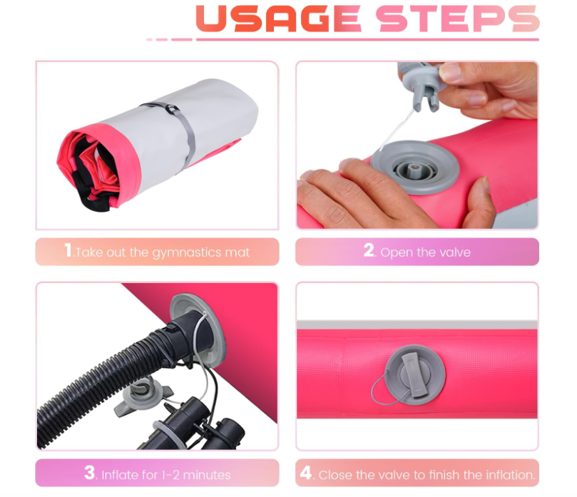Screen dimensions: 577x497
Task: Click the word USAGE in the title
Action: (x=279, y=19)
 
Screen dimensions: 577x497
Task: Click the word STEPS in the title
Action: (x=457, y=19)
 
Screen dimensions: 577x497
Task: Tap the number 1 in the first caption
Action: (x=68, y=250)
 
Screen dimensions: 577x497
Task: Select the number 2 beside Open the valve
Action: (x=369, y=250)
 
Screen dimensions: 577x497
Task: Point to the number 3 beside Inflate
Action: (x=89, y=472)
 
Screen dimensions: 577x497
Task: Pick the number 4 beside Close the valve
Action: (x=306, y=473)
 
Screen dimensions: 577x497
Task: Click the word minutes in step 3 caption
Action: (x=206, y=475)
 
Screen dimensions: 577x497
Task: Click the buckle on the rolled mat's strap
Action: (x=172, y=109)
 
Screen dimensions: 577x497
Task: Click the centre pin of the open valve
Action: (x=414, y=168)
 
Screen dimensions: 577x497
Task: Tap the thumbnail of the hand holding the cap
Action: (x=451, y=73)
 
